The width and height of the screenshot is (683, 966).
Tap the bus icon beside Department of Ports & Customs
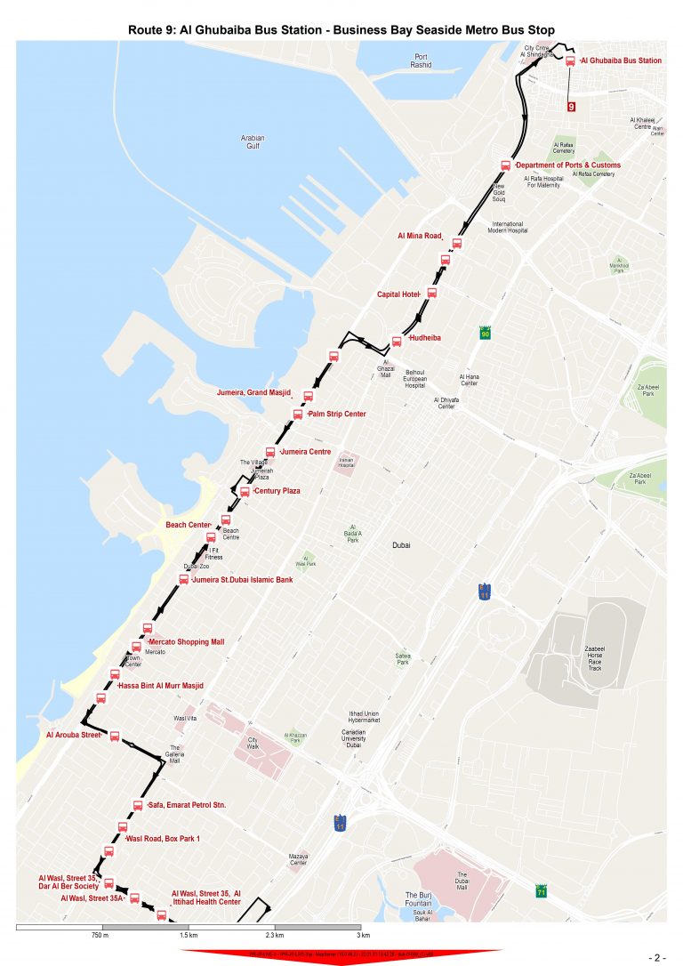pyautogui.click(x=506, y=165)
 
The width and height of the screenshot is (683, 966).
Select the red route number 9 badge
pyautogui.click(x=570, y=107)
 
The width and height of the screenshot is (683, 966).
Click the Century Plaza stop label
pyautogui.click(x=277, y=491)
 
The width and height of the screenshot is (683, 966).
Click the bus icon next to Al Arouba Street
pyautogui.click(x=114, y=736)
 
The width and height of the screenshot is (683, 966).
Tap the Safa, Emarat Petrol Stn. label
pyautogui.click(x=187, y=805)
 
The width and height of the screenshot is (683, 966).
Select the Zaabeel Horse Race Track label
pyautogui.click(x=595, y=658)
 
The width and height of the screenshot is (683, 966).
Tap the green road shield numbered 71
pyautogui.click(x=542, y=890)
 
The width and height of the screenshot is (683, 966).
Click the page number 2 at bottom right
pyautogui.click(x=658, y=957)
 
